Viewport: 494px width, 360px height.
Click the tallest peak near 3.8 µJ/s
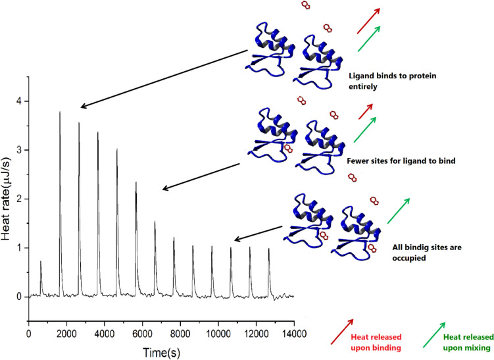tap(60, 113)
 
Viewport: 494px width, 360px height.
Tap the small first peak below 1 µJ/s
tap(41, 262)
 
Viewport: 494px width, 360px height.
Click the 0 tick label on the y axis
tap(19, 297)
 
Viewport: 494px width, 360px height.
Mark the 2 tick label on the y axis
tap(19, 199)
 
